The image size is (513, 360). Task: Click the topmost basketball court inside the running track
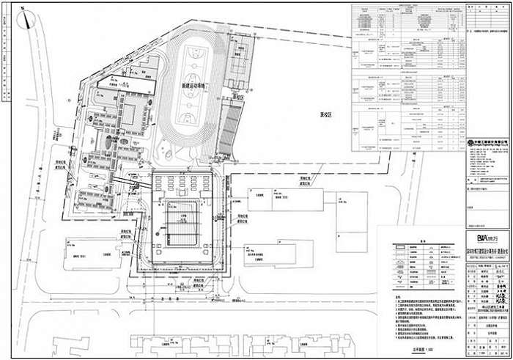[x=195, y=55]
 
